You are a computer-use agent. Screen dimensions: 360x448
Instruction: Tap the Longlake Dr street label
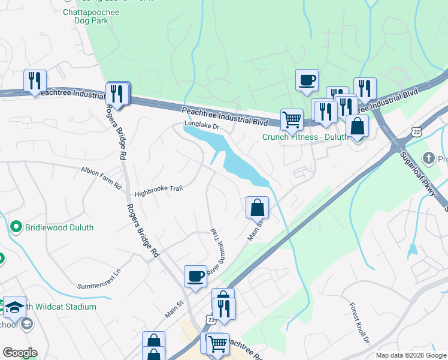[202, 126]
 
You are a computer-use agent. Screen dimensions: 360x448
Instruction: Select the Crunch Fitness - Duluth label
[305, 137]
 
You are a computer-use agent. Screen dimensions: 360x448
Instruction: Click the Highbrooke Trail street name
[158, 191]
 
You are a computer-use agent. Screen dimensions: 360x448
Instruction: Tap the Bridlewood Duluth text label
[59, 227]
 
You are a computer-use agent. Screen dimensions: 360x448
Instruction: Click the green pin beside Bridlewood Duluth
[16, 227]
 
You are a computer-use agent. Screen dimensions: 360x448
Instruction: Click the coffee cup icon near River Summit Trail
[195, 277]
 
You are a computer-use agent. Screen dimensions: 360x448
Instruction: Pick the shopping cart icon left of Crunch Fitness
[292, 119]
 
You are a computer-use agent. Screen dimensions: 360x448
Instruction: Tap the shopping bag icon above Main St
[257, 208]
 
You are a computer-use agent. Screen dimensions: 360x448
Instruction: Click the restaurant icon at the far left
[35, 81]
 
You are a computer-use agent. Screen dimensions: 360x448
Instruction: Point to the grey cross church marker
[428, 158]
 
